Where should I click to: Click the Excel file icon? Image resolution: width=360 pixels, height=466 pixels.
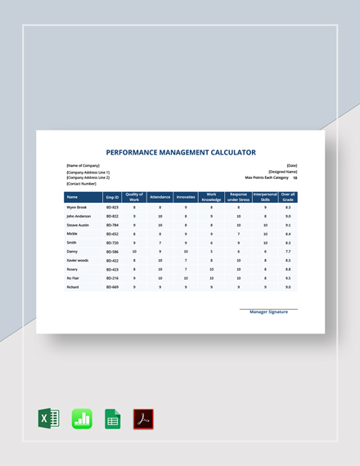point(49,419)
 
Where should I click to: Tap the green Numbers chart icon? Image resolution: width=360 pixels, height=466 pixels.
point(82,419)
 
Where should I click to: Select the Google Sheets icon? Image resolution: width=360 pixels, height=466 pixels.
point(112,419)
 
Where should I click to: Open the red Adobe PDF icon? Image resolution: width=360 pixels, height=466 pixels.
point(143,419)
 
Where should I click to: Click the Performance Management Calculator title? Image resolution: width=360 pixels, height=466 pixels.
point(181,152)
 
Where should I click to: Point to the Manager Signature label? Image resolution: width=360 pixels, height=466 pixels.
point(268,311)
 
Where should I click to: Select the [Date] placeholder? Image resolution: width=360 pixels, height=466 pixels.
point(292,165)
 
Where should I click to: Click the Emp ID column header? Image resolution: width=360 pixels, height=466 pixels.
point(112,197)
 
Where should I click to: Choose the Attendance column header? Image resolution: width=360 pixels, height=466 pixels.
point(160,197)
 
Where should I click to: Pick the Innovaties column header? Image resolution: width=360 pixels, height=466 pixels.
point(186,197)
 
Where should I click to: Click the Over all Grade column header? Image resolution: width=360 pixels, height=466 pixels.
point(288,197)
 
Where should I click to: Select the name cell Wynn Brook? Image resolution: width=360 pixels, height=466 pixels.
point(78,208)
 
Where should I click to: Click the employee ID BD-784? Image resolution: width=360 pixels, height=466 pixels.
point(112,225)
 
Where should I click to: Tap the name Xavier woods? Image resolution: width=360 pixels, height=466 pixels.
point(79,261)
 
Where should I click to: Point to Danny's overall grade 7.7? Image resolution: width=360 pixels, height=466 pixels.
point(288,252)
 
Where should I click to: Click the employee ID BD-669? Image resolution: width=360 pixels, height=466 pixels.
point(112,288)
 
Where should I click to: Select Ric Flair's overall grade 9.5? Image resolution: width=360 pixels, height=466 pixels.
point(288,279)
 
